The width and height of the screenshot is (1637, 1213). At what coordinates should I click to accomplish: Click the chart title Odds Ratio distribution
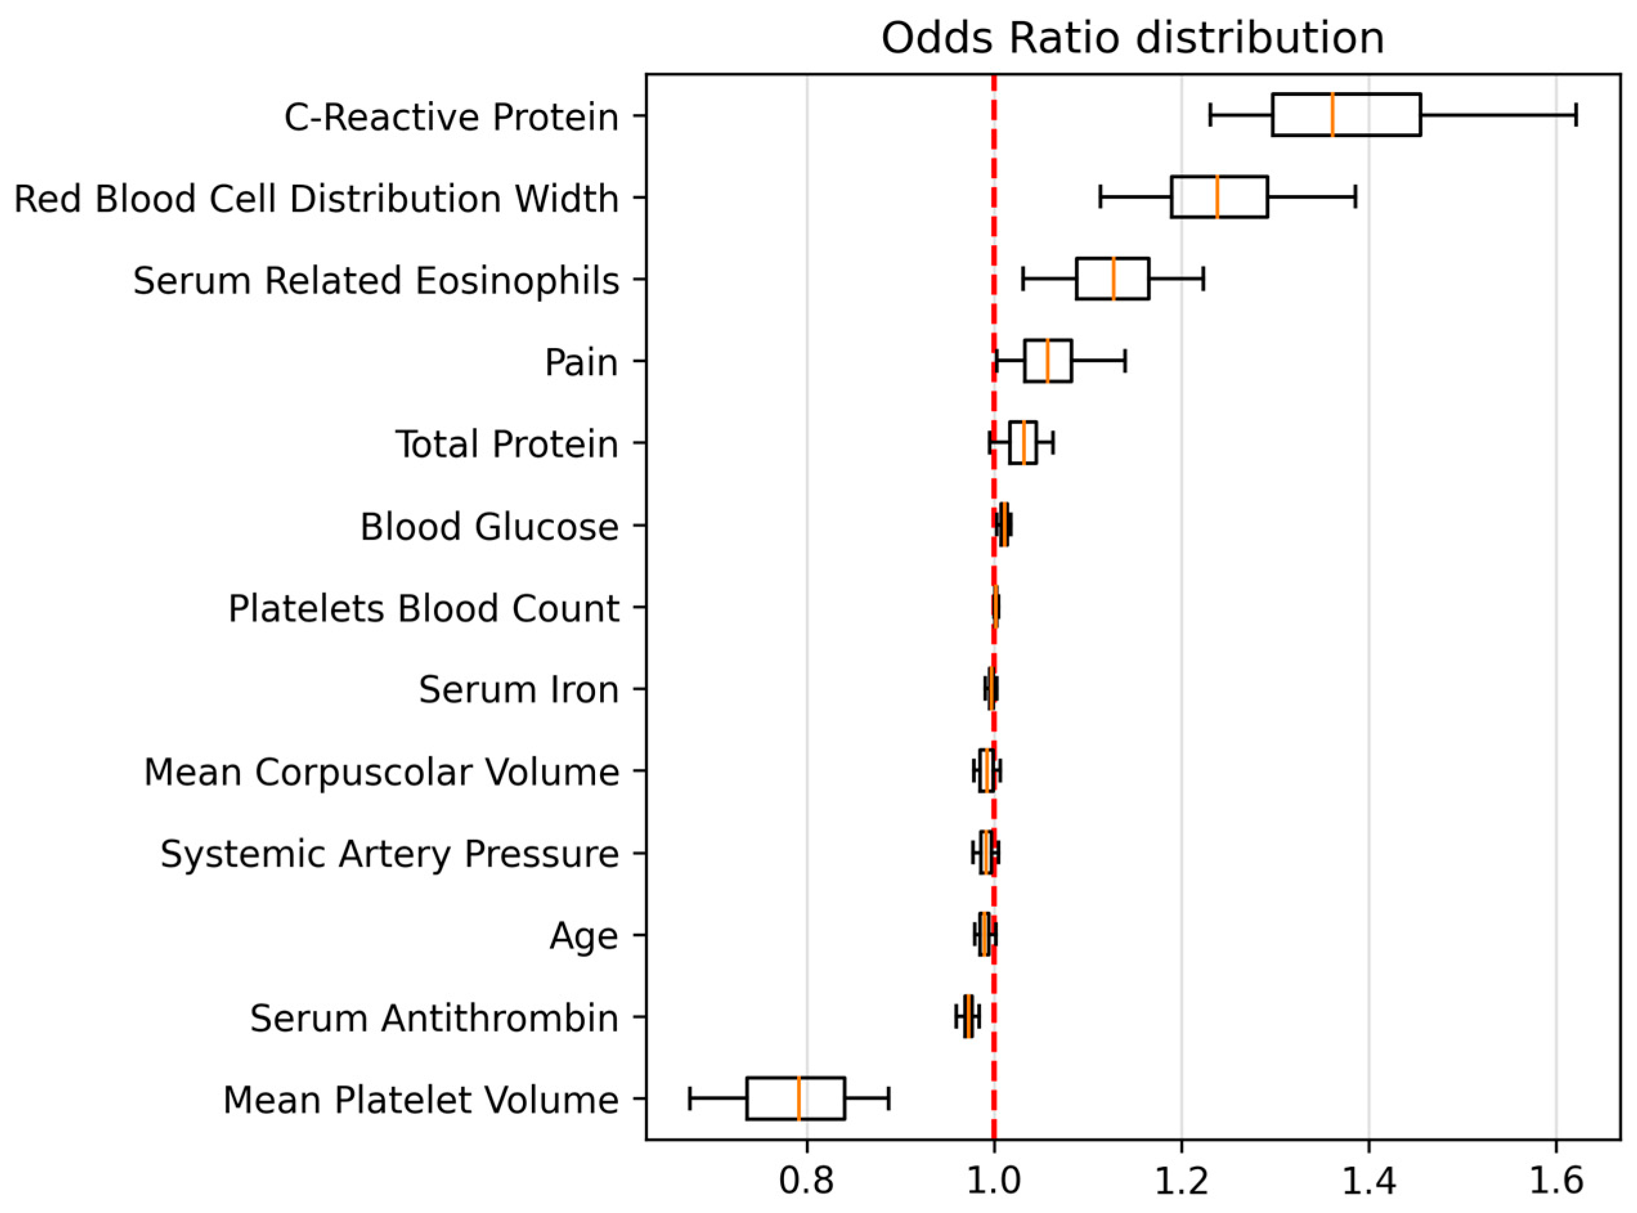[x=1133, y=38]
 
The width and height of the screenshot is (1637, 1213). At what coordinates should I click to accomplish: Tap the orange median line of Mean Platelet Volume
[x=798, y=1099]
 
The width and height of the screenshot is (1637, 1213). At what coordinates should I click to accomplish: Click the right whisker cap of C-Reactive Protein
[x=1576, y=114]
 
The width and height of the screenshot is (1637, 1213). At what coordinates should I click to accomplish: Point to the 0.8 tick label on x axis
[x=807, y=1181]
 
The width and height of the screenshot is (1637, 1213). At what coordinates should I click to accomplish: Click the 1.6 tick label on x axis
[x=1555, y=1181]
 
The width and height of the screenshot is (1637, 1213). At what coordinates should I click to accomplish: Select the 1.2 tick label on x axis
[x=1181, y=1181]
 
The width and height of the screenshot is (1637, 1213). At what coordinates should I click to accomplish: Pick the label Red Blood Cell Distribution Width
[x=316, y=198]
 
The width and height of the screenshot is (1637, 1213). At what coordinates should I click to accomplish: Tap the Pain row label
[x=581, y=362]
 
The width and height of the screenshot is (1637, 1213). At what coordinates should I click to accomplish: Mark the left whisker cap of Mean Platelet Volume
[x=690, y=1099]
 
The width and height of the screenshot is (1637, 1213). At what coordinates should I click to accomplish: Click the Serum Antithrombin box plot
[x=969, y=1016]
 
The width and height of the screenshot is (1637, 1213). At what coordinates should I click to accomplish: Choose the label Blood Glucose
[x=489, y=527]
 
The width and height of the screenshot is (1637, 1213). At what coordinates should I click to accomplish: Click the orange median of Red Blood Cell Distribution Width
[x=1217, y=197]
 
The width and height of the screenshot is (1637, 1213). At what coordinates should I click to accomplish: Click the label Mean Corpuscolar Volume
[x=381, y=772]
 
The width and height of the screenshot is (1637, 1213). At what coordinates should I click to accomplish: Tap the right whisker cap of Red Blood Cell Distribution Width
[x=1355, y=197]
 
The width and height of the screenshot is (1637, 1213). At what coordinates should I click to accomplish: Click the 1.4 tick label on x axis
[x=1368, y=1181]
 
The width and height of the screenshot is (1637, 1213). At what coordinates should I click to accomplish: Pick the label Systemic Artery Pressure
[x=389, y=853]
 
